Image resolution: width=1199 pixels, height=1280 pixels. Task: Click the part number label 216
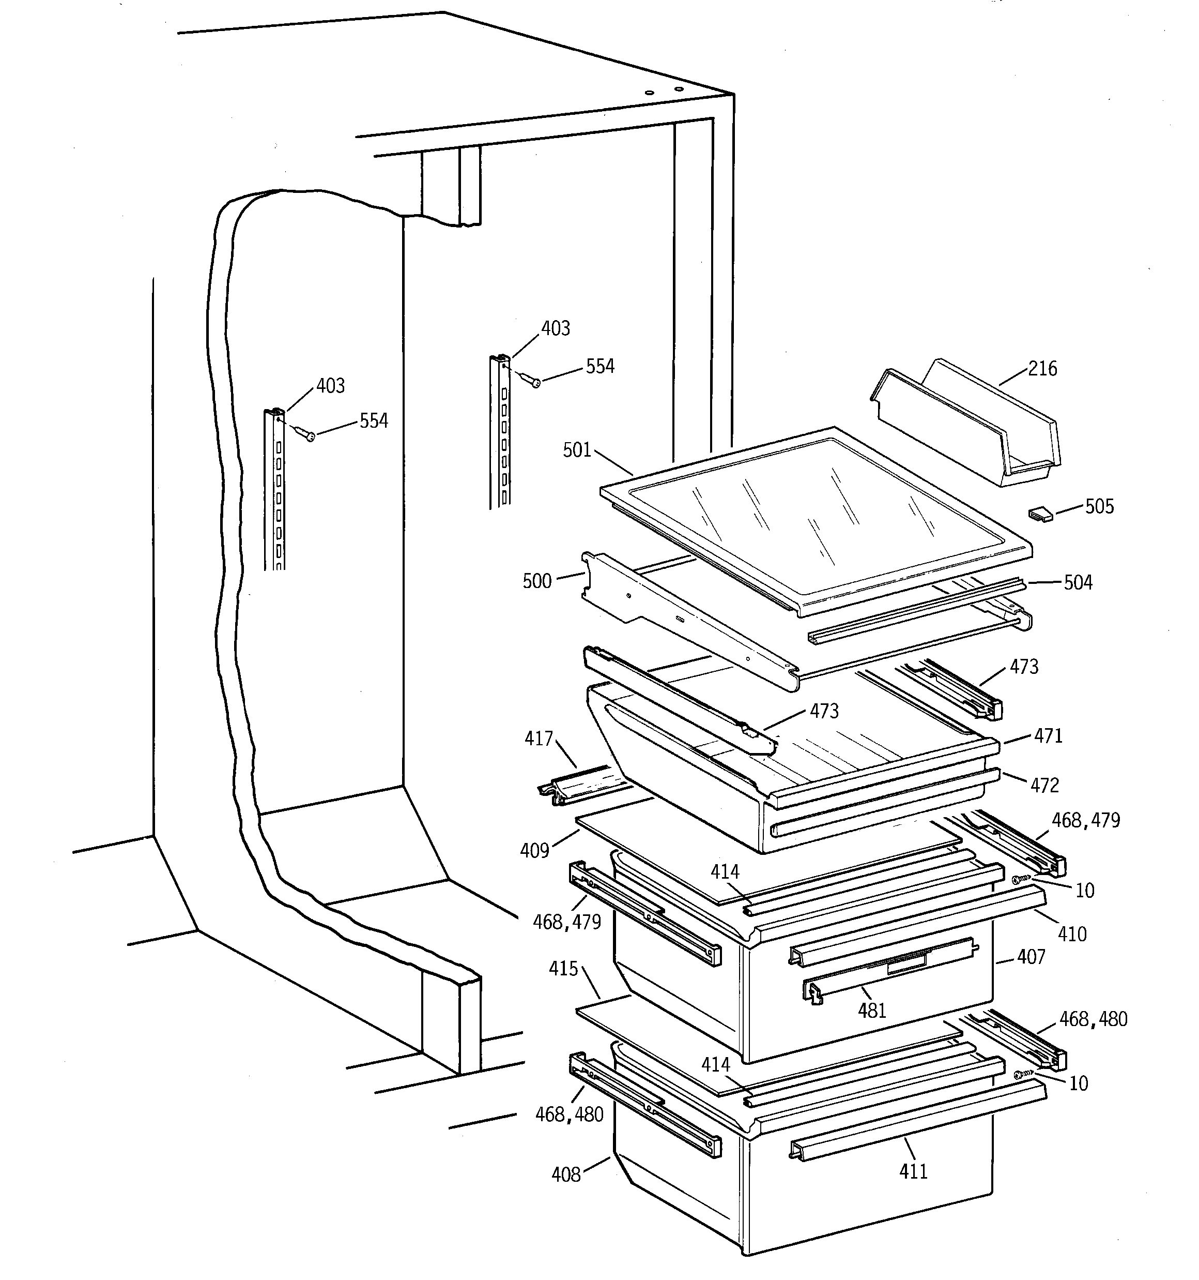click(x=1042, y=369)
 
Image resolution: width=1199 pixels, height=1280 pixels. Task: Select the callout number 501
click(x=577, y=450)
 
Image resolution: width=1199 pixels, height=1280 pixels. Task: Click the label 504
click(x=1078, y=583)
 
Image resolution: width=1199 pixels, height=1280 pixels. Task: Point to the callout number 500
click(x=537, y=581)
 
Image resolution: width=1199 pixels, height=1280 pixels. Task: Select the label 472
click(x=1044, y=786)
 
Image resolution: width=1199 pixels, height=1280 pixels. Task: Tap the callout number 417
click(x=539, y=739)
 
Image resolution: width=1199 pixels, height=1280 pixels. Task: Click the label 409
click(x=535, y=851)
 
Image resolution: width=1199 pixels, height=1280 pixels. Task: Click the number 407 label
click(x=1031, y=957)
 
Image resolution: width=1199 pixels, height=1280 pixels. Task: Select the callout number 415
click(x=563, y=969)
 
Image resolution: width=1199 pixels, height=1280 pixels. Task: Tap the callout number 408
click(x=566, y=1175)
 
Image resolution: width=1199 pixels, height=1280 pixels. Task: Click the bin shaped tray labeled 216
click(x=965, y=425)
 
